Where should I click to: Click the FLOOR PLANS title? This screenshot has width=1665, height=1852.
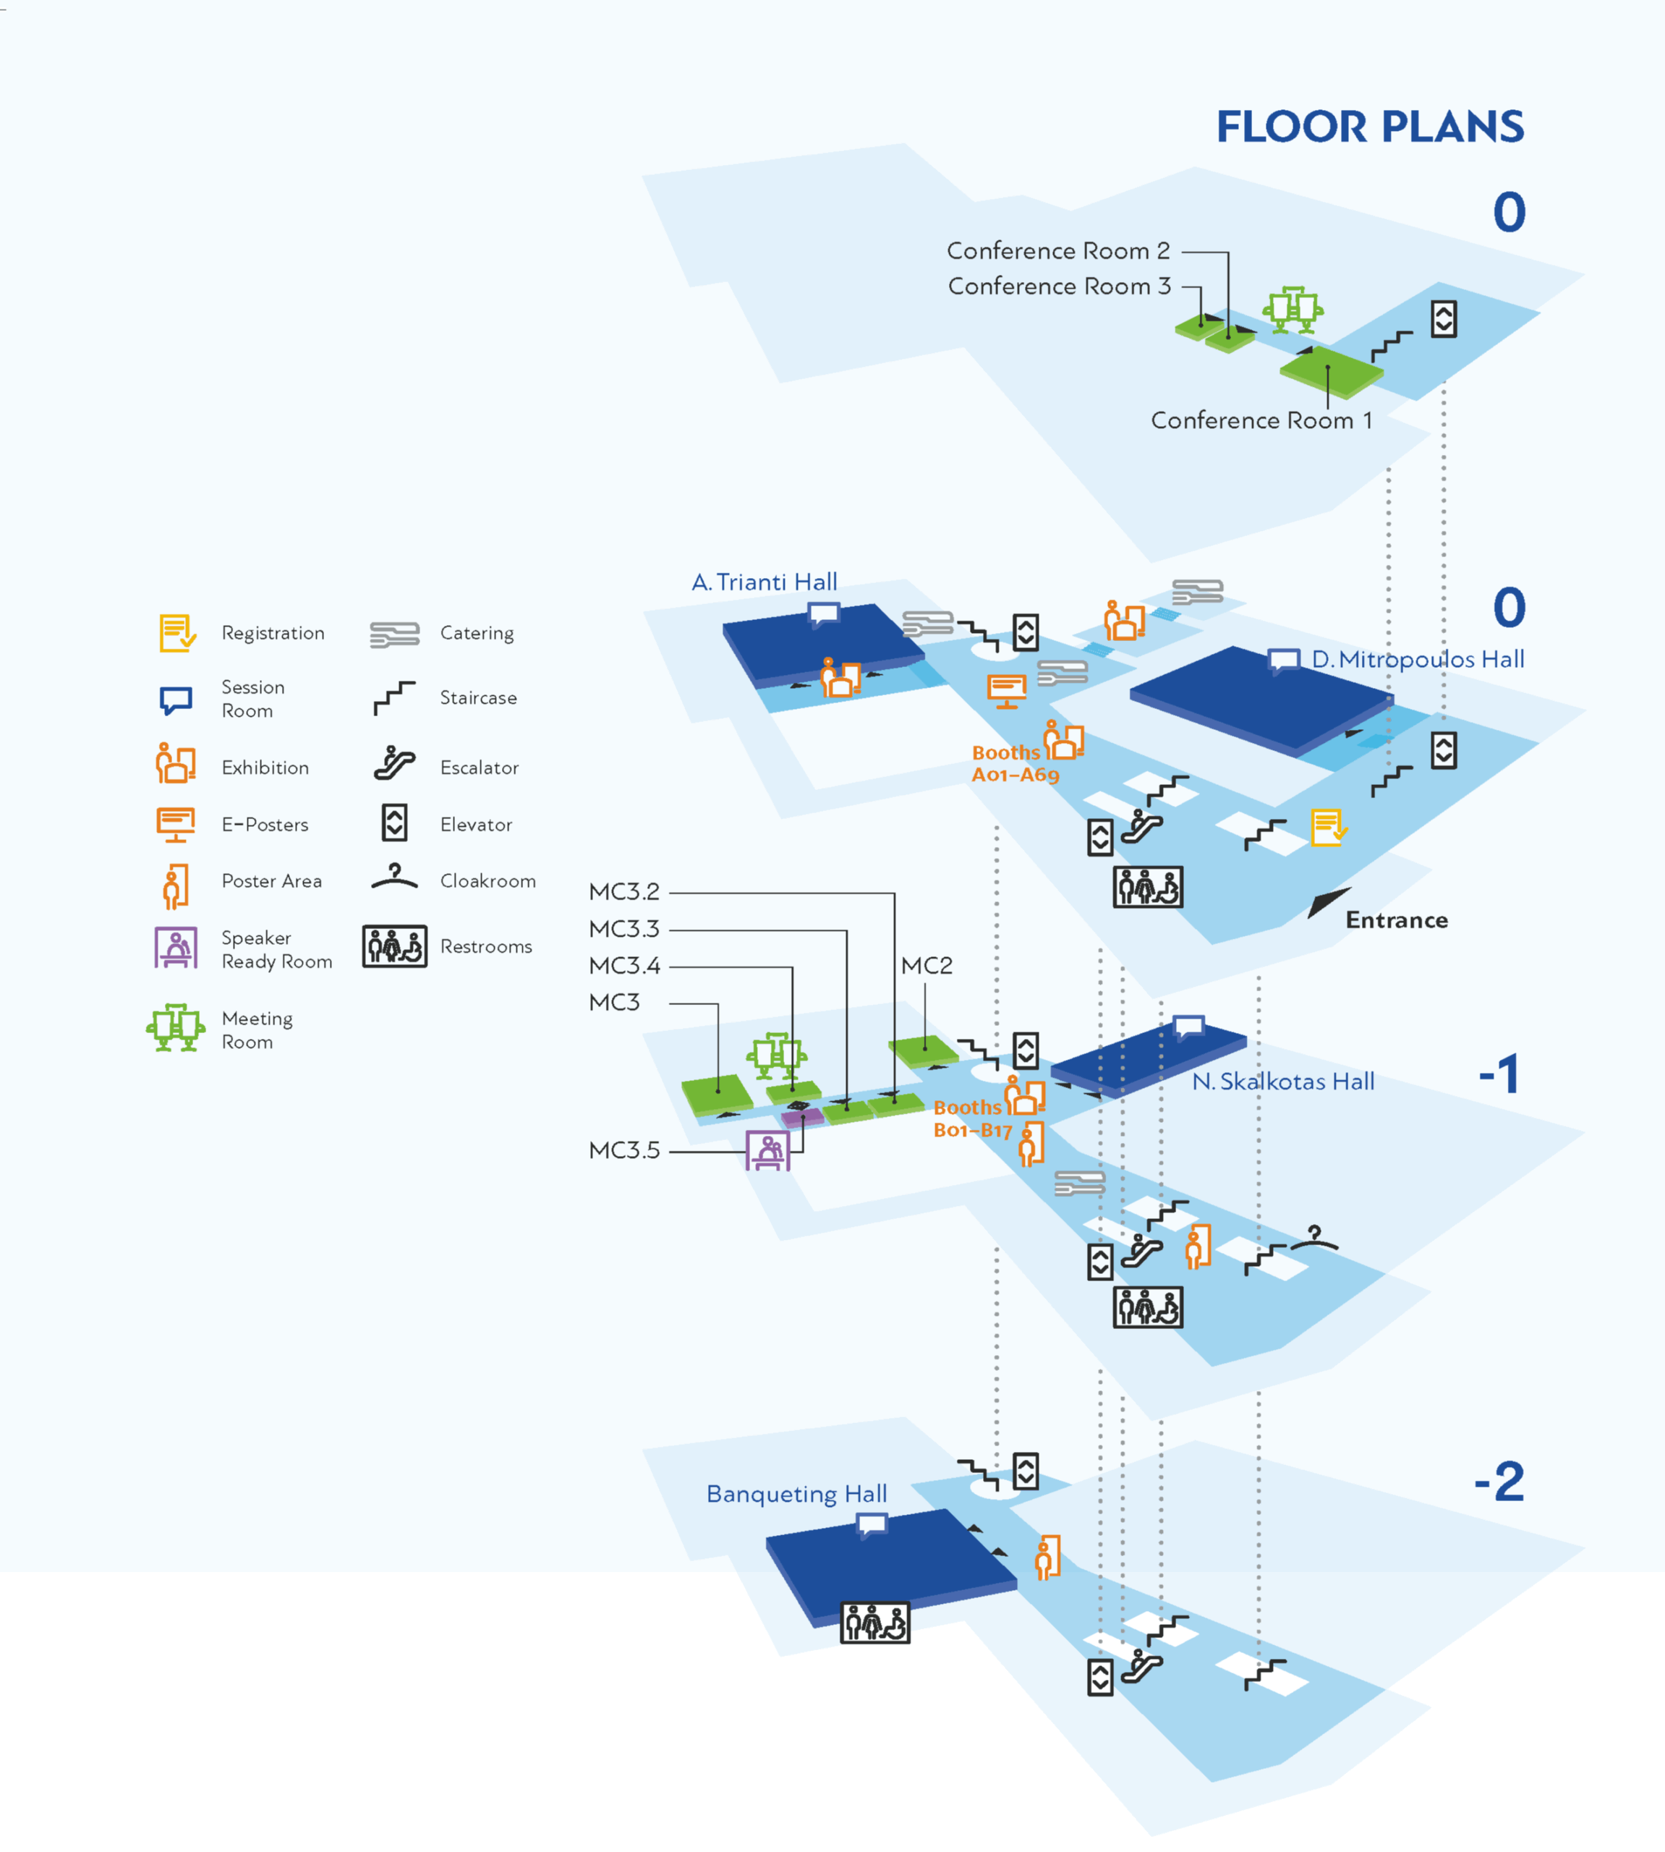coord(1369,127)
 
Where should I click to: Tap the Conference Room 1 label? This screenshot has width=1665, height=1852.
coord(1261,421)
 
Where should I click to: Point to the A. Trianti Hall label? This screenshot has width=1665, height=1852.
coord(764,582)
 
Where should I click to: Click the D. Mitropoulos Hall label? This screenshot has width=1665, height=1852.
coord(1417,660)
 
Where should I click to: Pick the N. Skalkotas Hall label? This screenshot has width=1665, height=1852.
coord(1282,1082)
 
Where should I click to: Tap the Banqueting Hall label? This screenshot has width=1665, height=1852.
coord(796,1494)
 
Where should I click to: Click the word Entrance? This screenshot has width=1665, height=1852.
coord(1396,920)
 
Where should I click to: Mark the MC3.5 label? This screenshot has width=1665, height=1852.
coord(624,1150)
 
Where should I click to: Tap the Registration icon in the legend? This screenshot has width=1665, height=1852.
coord(176,633)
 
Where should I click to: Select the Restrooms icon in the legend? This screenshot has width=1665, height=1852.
coord(394,946)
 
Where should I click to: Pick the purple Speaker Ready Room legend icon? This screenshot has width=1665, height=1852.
coord(176,948)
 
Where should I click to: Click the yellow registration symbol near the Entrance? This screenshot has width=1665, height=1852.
coord(1327,828)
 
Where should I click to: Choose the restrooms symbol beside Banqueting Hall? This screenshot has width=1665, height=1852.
coord(874,1623)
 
